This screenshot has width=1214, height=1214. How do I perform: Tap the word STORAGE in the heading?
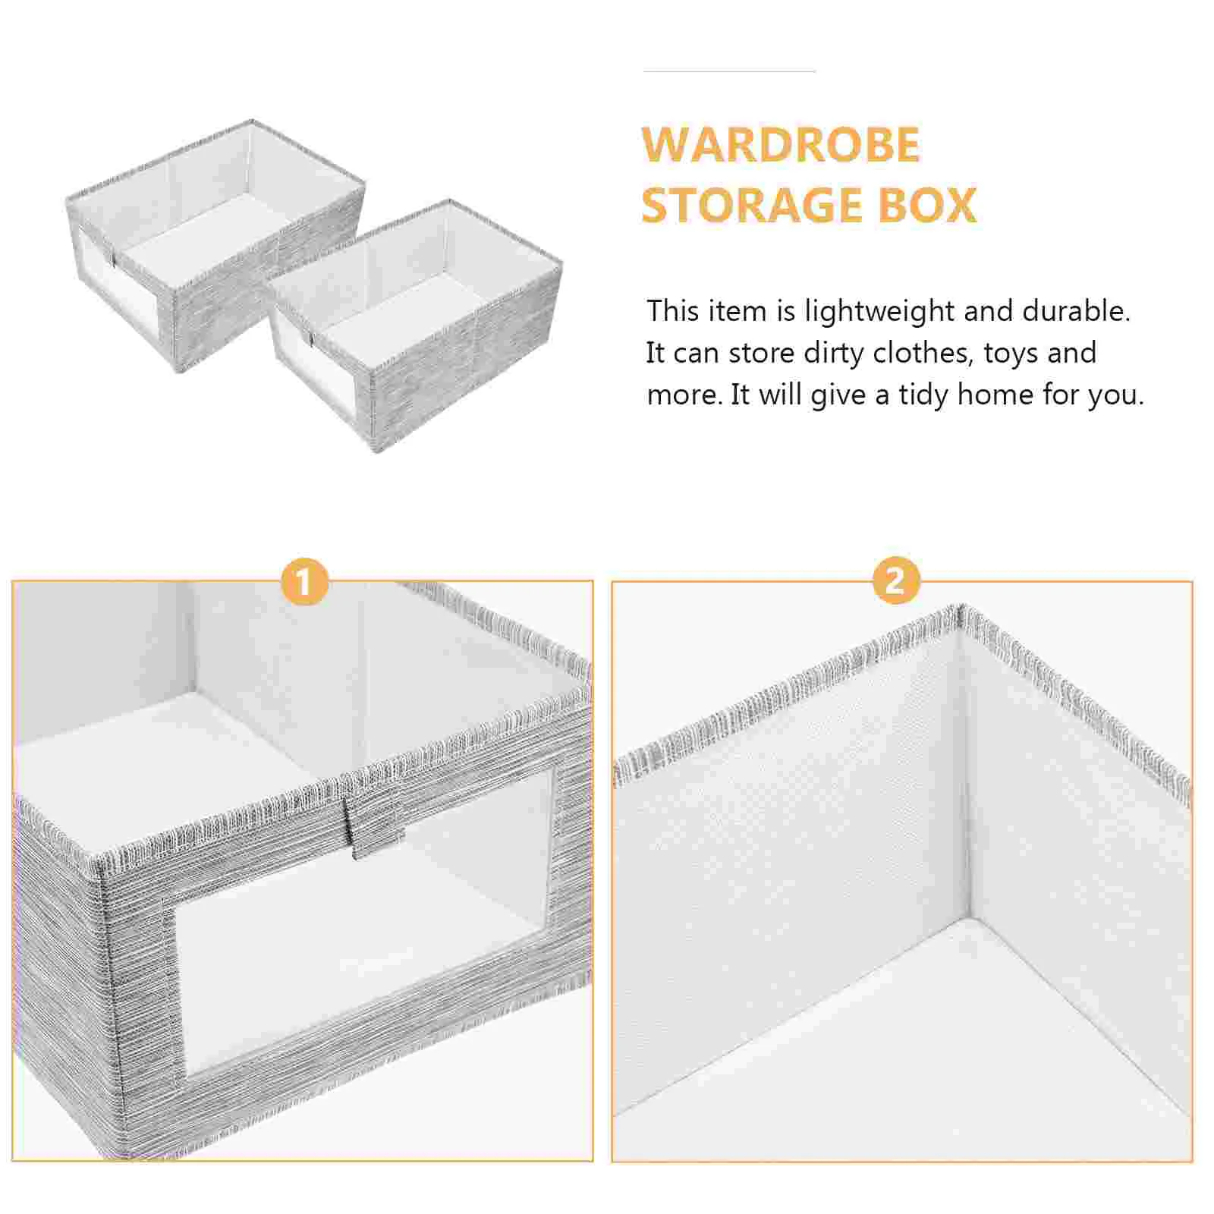click(753, 205)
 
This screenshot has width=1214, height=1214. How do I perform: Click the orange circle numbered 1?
click(303, 582)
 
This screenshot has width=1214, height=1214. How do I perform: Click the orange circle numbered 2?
click(895, 580)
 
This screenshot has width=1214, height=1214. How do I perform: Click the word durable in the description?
click(1076, 310)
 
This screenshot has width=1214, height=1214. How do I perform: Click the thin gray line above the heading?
click(729, 71)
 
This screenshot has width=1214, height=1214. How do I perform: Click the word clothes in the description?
click(923, 353)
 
